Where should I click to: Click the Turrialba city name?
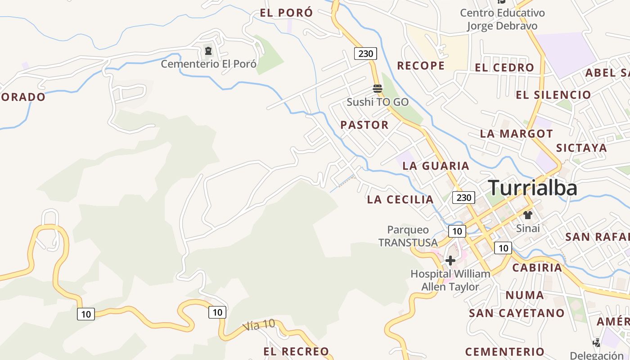[x=532, y=187]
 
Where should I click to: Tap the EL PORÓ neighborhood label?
[x=286, y=13]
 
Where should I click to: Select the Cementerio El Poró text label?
[x=209, y=64]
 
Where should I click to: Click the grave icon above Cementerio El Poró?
[x=208, y=51]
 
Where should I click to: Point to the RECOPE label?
[x=421, y=66]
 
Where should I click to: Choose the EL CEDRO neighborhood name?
[x=504, y=68]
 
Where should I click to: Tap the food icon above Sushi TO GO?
[x=378, y=88]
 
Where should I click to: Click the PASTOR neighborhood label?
[x=364, y=125]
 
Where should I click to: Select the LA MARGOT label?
[x=516, y=134]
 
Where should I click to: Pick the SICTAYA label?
[x=581, y=148]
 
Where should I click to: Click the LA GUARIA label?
[x=436, y=166]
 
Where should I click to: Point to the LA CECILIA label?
[x=400, y=199]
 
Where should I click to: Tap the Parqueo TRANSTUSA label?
[x=408, y=236]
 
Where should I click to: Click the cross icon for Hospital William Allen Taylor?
[x=450, y=261]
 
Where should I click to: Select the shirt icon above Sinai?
[x=528, y=215]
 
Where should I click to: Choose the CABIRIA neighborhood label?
[x=537, y=268]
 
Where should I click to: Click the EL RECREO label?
[x=296, y=351]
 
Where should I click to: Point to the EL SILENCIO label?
[x=553, y=95]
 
